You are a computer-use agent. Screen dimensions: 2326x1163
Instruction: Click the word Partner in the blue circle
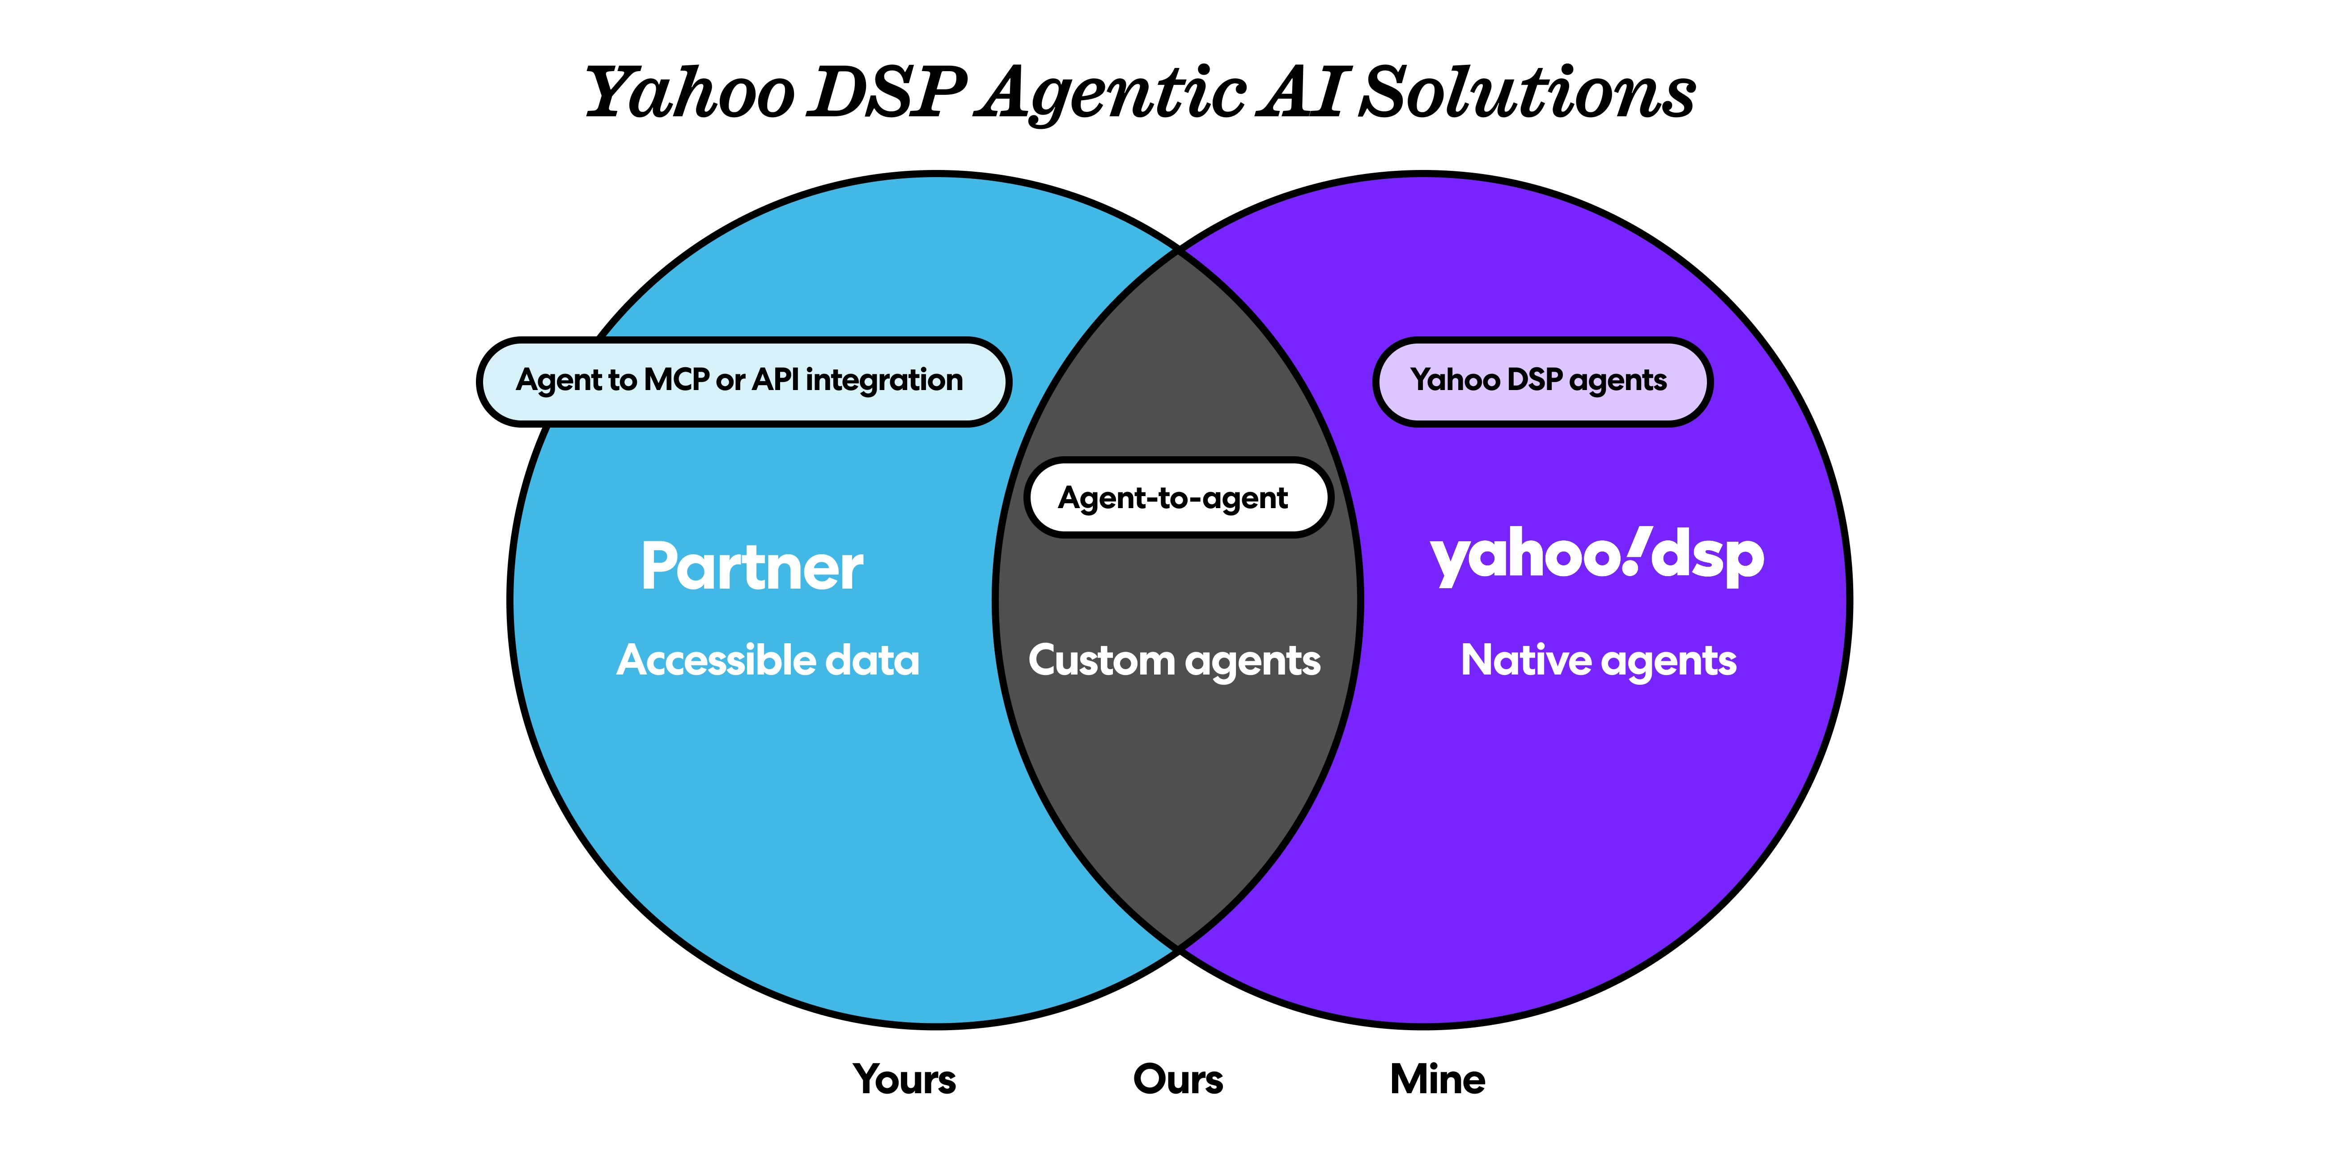point(751,567)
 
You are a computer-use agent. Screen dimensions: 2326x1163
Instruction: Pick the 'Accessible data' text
point(768,660)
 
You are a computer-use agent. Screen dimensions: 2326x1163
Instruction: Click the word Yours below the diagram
point(904,1079)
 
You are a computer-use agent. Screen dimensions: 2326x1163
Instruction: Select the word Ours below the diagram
point(1177,1079)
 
